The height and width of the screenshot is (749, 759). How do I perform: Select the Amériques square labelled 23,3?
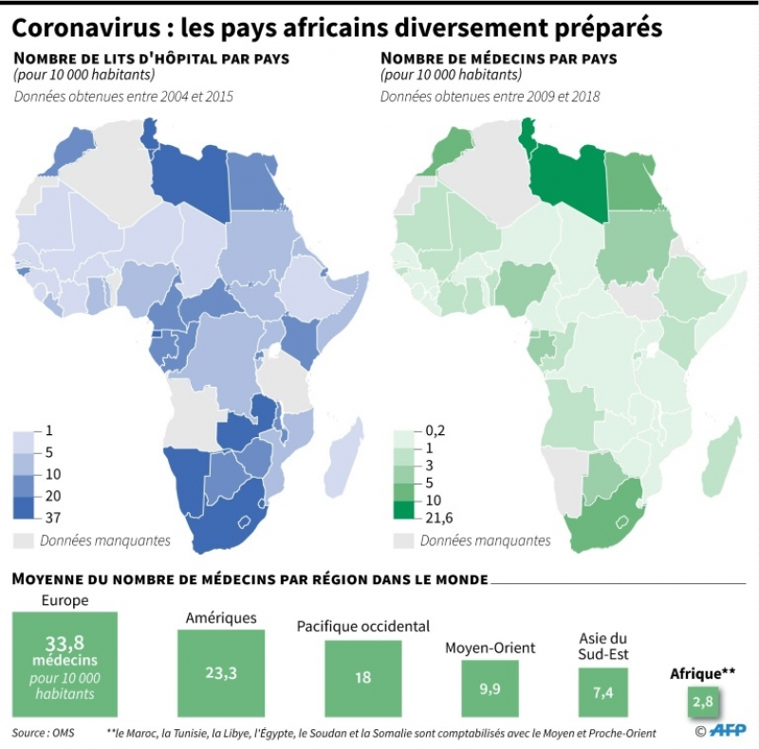pyautogui.click(x=223, y=672)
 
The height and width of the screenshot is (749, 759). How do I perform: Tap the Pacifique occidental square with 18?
pyautogui.click(x=363, y=678)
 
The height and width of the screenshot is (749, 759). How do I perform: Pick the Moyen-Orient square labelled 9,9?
pyautogui.click(x=490, y=689)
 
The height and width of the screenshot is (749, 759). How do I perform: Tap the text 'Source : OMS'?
pyautogui.click(x=44, y=733)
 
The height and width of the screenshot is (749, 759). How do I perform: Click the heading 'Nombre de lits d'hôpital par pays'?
pyautogui.click(x=152, y=58)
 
